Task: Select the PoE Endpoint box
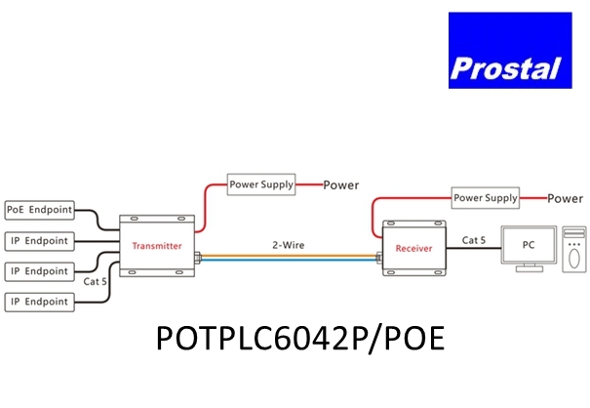[38, 209]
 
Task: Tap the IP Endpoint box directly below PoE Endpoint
[38, 240]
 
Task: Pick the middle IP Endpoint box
[38, 270]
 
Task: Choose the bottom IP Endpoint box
[38, 302]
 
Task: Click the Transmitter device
[156, 245]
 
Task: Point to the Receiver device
[413, 248]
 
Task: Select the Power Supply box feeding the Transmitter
[261, 184]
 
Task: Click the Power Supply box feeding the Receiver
[486, 198]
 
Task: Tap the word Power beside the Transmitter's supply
[340, 184]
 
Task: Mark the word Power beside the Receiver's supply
[565, 199]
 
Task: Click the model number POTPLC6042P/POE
[299, 338]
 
